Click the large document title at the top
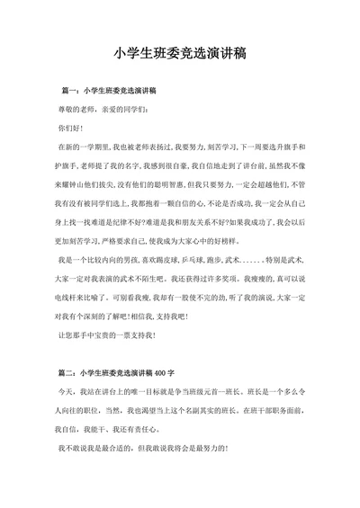pos(181,55)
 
